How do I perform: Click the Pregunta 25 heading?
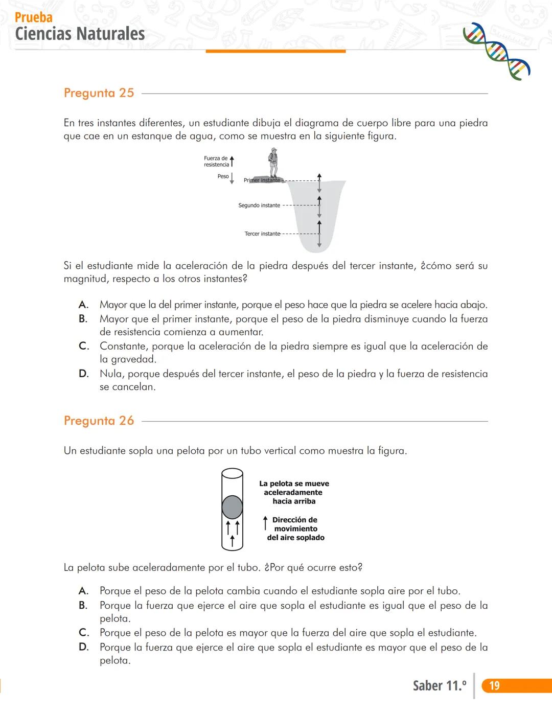[99, 93]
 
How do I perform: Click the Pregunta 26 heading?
[99, 421]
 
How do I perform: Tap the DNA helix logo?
[496, 51]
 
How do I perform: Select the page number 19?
[494, 685]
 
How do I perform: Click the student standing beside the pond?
[274, 162]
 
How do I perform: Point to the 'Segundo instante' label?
[259, 205]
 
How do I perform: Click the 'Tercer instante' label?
[262, 234]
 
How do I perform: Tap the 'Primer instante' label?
[262, 180]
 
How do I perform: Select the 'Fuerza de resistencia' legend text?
[216, 162]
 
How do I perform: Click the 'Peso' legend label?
[223, 176]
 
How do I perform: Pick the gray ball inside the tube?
[232, 507]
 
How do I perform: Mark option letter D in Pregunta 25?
[83, 374]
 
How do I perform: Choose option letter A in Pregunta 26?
[83, 591]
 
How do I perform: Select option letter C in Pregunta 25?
[83, 346]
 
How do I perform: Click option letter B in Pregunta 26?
[83, 605]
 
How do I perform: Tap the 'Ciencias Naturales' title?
[80, 34]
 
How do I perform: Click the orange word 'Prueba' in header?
[33, 17]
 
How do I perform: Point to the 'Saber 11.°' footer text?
[439, 685]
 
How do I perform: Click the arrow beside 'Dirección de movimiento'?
[265, 523]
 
